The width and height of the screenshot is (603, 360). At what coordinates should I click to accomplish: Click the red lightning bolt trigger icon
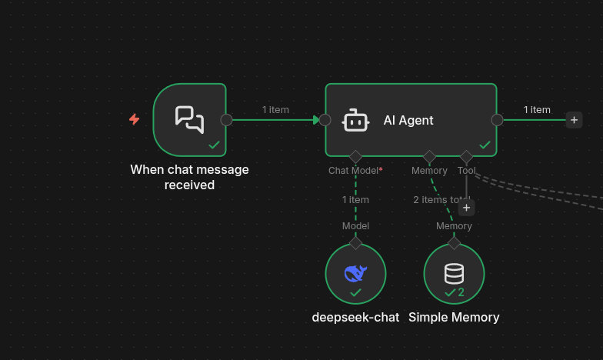(x=135, y=119)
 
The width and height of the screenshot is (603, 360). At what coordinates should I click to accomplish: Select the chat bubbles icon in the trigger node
(x=189, y=119)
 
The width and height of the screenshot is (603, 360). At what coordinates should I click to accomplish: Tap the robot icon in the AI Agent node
(x=355, y=120)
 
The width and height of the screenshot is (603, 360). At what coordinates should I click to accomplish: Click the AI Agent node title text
(x=408, y=120)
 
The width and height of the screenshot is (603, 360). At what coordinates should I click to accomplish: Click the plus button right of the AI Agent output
(x=574, y=119)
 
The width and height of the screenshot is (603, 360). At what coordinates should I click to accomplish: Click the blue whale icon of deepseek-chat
(x=355, y=272)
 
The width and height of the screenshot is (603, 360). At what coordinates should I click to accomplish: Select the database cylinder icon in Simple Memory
(x=454, y=273)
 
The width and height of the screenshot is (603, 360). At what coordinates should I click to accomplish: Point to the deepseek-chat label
(x=355, y=317)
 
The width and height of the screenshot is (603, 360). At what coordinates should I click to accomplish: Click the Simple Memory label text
(x=454, y=317)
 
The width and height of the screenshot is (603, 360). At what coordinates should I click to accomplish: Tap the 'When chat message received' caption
(x=189, y=177)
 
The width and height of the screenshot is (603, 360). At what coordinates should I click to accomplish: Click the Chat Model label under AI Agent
(x=355, y=171)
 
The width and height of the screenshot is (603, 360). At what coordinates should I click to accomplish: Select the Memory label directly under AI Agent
(x=429, y=171)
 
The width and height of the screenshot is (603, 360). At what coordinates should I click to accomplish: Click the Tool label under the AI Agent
(x=466, y=171)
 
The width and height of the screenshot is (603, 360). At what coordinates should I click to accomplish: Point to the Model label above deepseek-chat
(x=355, y=226)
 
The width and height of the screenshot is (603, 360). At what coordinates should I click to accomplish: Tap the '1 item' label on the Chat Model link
(x=355, y=200)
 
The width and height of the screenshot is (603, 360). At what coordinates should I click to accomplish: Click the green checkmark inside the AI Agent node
(x=485, y=145)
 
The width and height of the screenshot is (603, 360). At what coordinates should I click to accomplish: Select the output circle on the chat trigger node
(x=226, y=119)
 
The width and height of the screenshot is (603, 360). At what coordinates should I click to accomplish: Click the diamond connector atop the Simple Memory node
(x=454, y=243)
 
